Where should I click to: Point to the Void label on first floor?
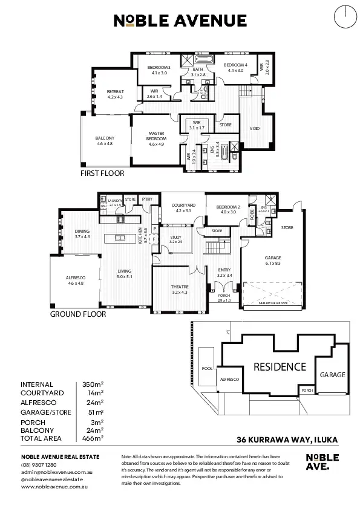coord(255,128)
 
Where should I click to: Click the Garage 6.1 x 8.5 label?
coord(273,260)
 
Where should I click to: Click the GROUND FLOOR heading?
coord(78,314)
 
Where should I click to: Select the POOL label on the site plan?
coord(206,368)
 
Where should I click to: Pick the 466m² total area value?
coord(93,437)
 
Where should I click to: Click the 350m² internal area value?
coord(93,384)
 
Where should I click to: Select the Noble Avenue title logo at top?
coord(180,22)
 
